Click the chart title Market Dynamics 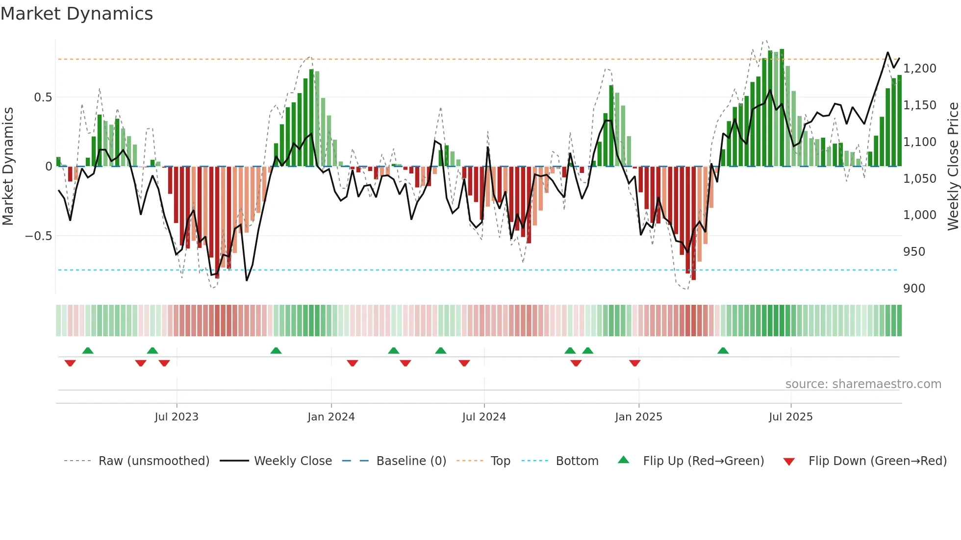pos(76,14)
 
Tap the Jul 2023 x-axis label pos(177,417)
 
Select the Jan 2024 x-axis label pos(331,417)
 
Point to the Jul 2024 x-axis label pos(484,417)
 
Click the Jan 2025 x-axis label pos(638,417)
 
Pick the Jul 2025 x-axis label pos(790,417)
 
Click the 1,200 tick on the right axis pos(920,68)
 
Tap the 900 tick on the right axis pos(914,288)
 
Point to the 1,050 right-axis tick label pos(920,178)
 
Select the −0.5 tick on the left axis pos(38,236)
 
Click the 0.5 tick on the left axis pos(43,97)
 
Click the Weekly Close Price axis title pos(953,166)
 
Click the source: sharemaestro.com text pos(863,384)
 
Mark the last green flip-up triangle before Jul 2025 pos(723,350)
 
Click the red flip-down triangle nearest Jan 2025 pos(634,363)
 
